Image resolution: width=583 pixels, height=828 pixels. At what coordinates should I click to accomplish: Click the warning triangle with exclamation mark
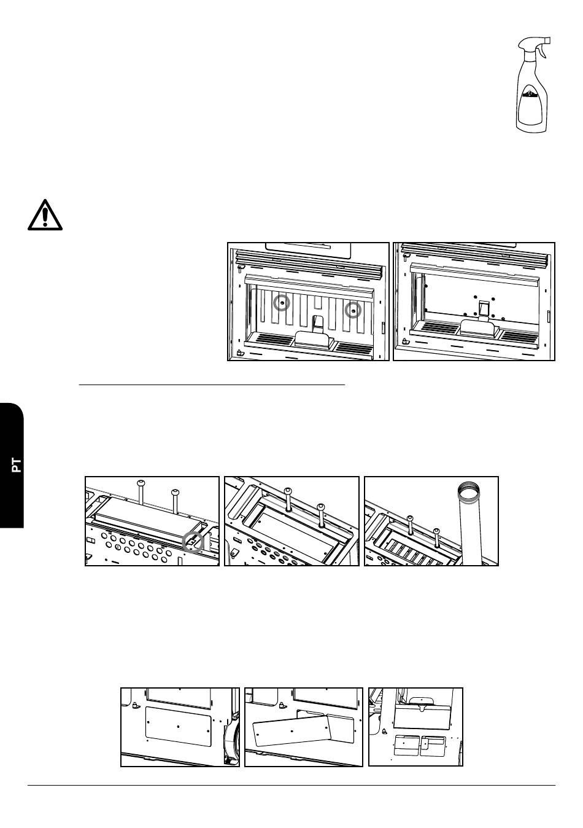click(45, 215)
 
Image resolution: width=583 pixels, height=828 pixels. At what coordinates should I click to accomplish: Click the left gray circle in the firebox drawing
click(282, 303)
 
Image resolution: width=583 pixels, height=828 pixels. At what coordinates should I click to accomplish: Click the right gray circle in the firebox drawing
click(353, 310)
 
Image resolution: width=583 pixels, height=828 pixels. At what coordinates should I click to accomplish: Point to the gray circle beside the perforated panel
click(193, 542)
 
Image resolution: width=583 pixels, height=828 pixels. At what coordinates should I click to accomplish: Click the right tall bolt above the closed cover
click(175, 501)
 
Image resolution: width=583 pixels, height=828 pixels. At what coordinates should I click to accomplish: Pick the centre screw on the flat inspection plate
click(179, 726)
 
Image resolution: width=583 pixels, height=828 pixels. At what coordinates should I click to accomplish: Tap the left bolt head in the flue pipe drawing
click(410, 518)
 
